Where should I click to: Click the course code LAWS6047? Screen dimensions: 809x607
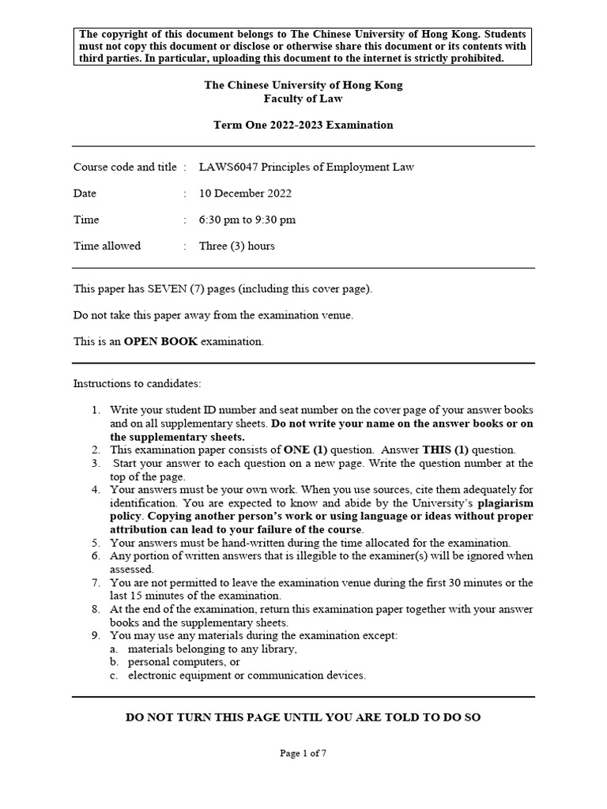227,167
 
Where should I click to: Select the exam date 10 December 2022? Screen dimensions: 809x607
245,194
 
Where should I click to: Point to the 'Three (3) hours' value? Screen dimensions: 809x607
237,246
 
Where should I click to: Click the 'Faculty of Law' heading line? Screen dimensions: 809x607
303,99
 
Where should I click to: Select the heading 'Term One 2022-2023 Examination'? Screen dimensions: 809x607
303,125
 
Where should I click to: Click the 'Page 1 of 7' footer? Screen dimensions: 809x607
303,754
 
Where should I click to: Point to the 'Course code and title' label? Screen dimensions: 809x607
125,167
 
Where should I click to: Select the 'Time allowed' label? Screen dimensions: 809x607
107,246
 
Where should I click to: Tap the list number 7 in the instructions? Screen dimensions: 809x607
94,583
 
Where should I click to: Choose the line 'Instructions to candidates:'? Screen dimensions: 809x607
138,384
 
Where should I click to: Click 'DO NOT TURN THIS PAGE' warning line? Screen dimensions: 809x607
303,717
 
